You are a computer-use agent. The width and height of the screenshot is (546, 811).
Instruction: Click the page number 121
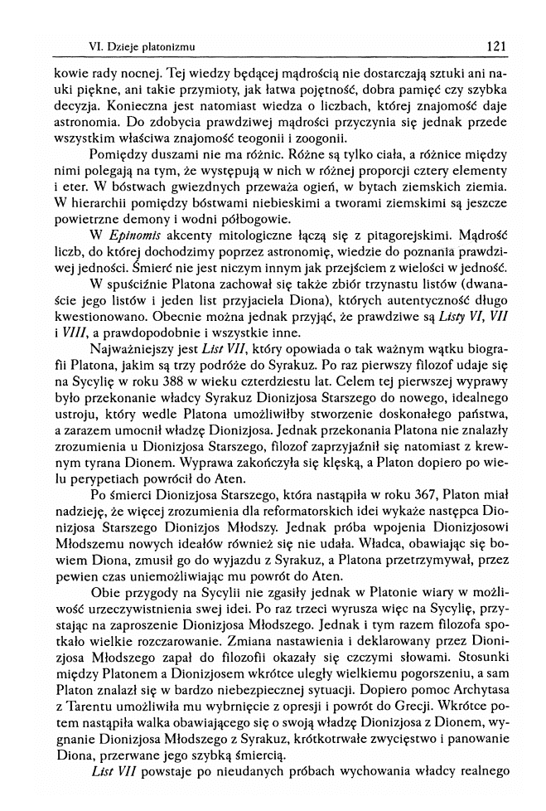496,47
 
